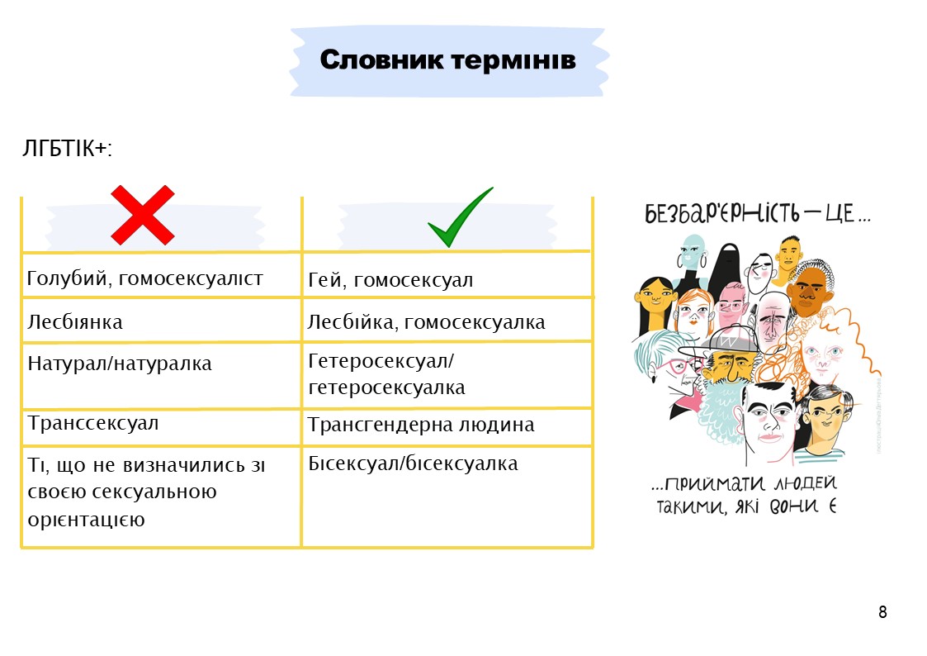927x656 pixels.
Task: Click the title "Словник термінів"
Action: pyautogui.click(x=447, y=59)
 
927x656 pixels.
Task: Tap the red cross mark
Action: pyautogui.click(x=143, y=215)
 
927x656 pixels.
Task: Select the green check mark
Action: pyautogui.click(x=460, y=217)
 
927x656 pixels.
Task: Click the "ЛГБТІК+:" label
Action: pyautogui.click(x=67, y=148)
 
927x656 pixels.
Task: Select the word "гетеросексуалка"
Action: pyautogui.click(x=386, y=387)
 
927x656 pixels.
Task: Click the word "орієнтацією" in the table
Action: pyautogui.click(x=87, y=520)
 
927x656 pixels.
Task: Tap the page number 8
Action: pyautogui.click(x=882, y=611)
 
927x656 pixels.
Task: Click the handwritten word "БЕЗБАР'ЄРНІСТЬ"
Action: pyautogui.click(x=721, y=213)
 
